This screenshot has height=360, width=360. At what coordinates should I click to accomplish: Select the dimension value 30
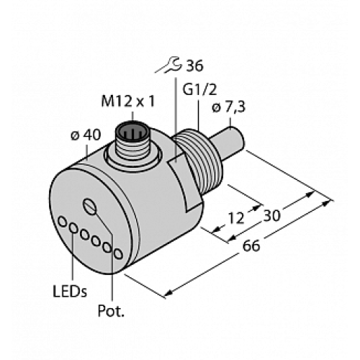tap(272, 214)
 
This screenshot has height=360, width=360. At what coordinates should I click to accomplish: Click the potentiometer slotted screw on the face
tap(90, 207)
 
